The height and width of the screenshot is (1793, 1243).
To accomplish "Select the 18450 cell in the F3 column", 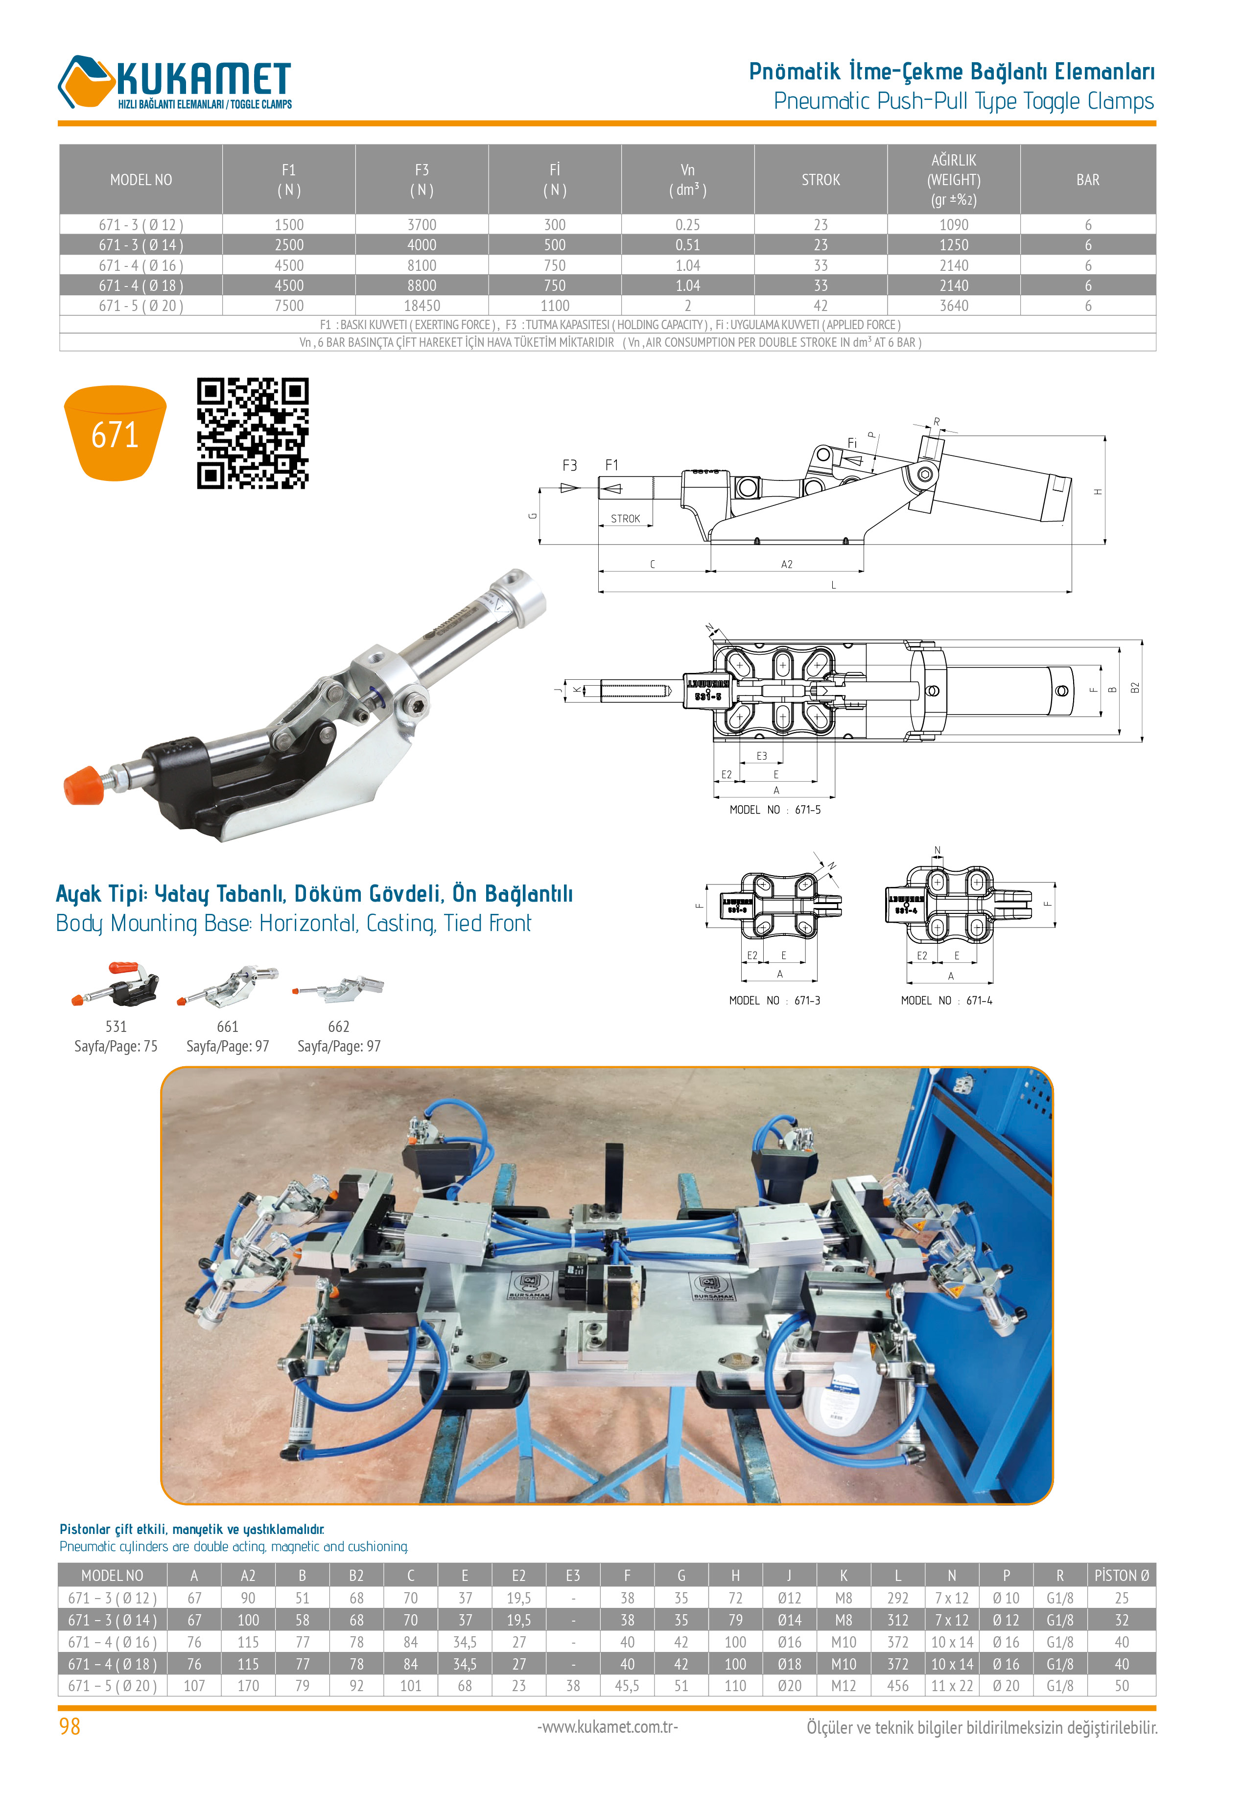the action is [422, 306].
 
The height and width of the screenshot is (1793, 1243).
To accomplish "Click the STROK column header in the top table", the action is [821, 180].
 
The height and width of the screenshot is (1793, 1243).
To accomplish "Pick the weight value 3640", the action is [954, 306].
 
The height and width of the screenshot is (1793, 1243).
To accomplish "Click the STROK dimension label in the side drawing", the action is [625, 519].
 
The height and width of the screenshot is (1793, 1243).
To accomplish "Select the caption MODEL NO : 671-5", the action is [775, 810].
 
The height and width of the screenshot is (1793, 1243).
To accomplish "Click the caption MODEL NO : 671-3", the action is [775, 1001].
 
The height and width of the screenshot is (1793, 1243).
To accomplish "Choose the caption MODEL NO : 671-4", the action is [946, 1001].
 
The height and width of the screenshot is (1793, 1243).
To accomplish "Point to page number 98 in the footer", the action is [70, 1727].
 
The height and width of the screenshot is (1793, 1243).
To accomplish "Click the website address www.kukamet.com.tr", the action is [608, 1727].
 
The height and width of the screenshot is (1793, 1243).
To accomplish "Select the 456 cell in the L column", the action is [897, 1686].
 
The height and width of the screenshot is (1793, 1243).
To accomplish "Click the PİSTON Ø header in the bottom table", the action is [1122, 1576].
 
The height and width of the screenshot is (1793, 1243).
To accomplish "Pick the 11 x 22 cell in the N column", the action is [952, 1686].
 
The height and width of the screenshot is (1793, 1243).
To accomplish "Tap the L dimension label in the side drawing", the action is [833, 585].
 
